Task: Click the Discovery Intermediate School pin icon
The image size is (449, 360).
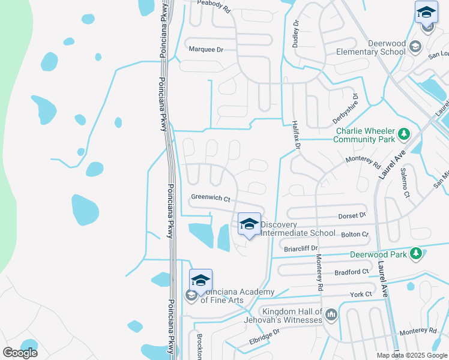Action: [249, 224]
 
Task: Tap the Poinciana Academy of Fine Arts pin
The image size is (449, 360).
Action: [201, 280]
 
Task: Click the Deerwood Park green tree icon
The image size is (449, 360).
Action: [415, 254]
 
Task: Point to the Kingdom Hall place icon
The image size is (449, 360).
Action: [331, 314]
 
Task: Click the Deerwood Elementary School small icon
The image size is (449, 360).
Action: [414, 47]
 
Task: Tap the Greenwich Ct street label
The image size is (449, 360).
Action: [210, 197]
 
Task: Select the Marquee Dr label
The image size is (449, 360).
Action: [205, 50]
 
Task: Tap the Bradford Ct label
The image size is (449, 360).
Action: [352, 272]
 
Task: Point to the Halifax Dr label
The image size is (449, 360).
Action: [295, 133]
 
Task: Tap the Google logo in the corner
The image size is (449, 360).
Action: [20, 353]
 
